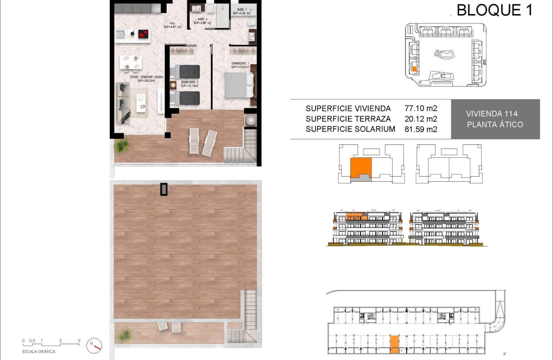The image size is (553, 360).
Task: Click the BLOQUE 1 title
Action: [494, 9]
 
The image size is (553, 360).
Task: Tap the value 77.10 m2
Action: [421, 108]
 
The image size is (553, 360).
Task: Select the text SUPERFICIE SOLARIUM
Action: [350, 129]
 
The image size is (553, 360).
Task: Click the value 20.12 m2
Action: [421, 119]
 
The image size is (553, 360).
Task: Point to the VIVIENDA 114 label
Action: [492, 114]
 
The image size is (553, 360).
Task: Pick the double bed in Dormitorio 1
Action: [239, 84]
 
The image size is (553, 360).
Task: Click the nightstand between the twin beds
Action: [173, 84]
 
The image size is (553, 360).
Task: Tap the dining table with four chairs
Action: [130, 62]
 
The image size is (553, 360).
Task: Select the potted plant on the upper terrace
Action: [122, 146]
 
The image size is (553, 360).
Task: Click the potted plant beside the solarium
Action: [126, 333]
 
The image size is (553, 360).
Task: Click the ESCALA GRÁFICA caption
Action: [39, 351]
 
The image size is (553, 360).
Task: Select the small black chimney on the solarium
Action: [164, 189]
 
